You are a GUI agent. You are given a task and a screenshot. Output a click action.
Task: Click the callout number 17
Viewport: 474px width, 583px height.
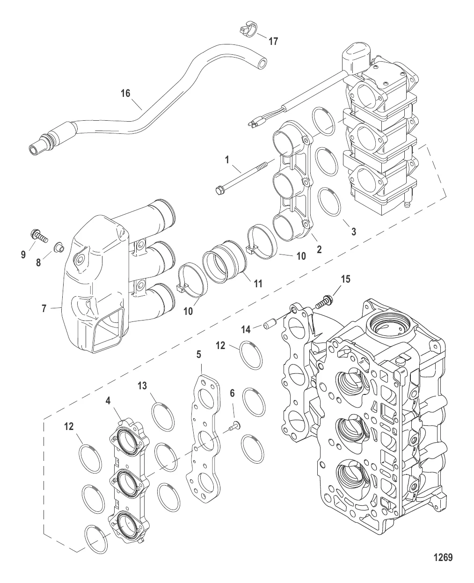[273, 42]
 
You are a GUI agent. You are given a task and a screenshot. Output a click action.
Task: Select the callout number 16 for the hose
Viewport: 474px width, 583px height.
[125, 93]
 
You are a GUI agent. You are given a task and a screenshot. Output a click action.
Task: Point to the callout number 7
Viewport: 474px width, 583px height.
[44, 308]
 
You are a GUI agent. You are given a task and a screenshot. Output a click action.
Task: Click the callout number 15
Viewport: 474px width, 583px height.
[346, 279]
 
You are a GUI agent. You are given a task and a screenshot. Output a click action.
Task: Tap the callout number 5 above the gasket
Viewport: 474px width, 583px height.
[199, 355]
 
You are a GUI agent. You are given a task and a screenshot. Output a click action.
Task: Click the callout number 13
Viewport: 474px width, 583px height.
[142, 386]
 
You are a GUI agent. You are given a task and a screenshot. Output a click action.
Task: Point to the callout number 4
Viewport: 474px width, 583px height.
[108, 401]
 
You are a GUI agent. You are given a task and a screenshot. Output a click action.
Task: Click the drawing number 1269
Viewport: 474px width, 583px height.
[443, 557]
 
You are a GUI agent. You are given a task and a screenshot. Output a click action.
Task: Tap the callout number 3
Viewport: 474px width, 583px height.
[354, 232]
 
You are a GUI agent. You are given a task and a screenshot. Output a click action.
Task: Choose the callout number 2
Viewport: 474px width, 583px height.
[319, 249]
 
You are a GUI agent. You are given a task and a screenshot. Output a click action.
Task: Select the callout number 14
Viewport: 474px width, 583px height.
[246, 329]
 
